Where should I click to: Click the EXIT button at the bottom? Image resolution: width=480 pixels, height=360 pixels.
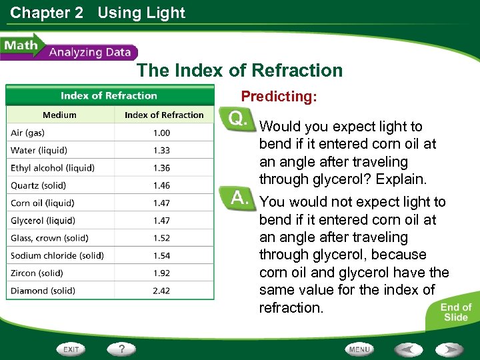72,349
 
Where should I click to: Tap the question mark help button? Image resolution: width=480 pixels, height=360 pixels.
122,349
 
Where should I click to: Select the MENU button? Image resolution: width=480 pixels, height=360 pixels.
359,349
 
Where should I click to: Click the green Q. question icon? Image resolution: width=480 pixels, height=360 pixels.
237,119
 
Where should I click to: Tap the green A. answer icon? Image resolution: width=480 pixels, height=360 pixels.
238,198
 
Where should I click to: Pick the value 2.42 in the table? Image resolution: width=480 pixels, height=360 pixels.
161,291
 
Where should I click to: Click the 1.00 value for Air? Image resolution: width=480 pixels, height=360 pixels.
161,133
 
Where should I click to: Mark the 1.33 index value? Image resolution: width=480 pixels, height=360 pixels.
161,151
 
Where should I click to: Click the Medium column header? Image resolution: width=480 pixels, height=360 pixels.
59,115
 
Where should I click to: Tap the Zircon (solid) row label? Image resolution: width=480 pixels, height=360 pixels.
37,273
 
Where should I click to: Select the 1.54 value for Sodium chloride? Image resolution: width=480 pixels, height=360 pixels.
161,255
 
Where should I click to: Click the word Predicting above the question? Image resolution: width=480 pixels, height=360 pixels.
279,97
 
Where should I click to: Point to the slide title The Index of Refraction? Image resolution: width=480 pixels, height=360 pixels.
239,71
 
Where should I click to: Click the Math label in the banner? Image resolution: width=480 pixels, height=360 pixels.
20,47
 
